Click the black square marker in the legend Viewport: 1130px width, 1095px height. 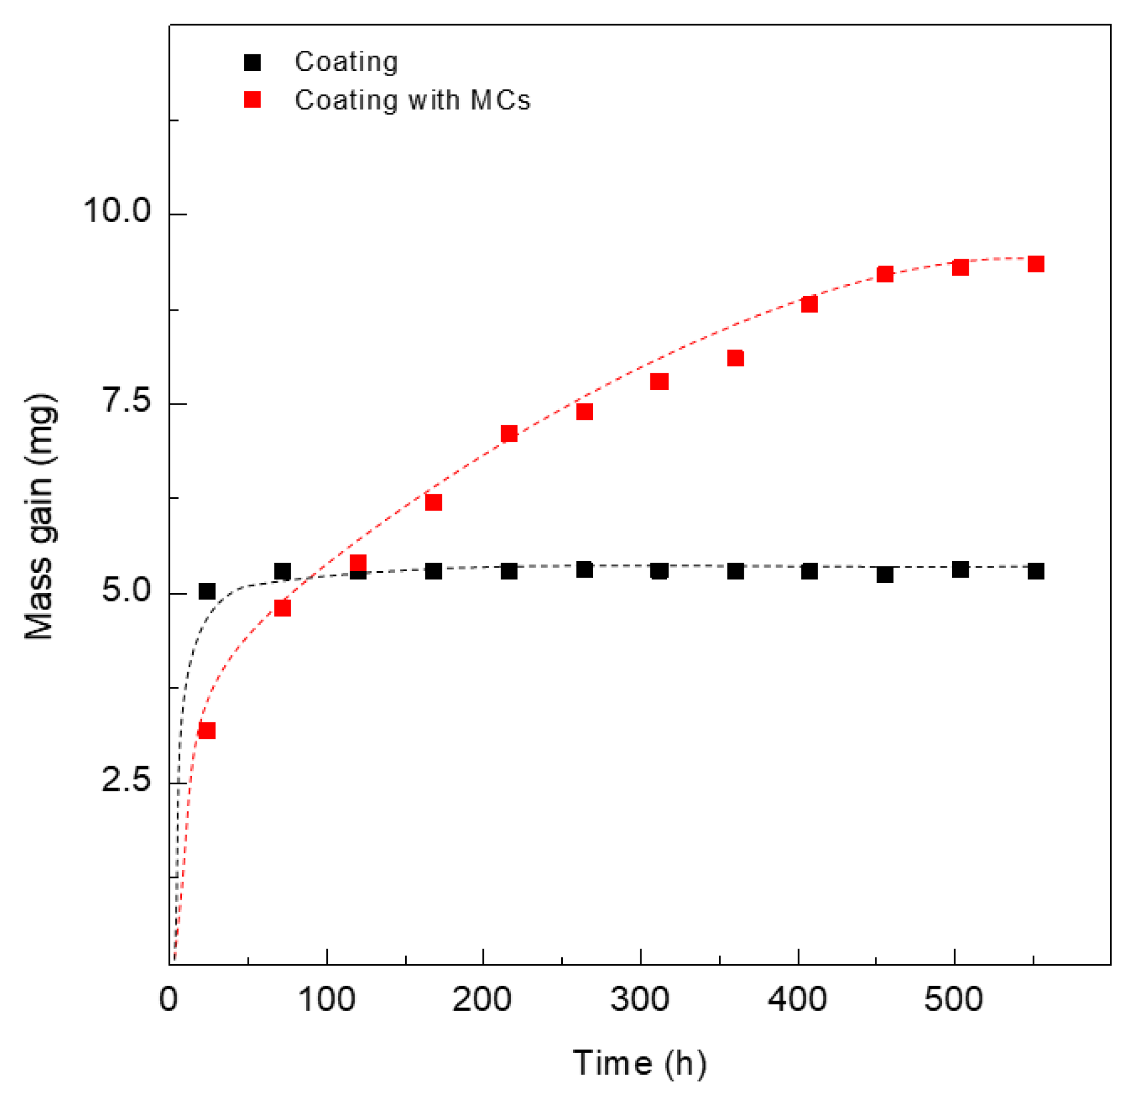click(252, 62)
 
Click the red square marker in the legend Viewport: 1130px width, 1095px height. click(252, 99)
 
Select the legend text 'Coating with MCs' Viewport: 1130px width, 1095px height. click(412, 100)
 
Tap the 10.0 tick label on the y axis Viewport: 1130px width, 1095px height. click(117, 210)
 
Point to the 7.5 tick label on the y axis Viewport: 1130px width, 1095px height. click(126, 400)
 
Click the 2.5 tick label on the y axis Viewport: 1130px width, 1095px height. click(126, 779)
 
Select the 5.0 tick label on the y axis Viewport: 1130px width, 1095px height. click(126, 589)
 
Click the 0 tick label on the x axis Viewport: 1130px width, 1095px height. click(168, 999)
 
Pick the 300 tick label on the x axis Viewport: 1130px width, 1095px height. click(640, 999)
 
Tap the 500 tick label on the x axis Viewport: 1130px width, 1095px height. click(953, 999)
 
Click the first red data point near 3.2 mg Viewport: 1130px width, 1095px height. click(207, 731)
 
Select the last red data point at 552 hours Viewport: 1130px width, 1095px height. click(1035, 264)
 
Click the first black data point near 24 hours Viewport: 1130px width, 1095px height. click(207, 591)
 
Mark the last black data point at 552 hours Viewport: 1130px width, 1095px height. click(1035, 571)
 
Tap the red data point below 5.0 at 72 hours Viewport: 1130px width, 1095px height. click(282, 608)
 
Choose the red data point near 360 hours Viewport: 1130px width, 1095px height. click(735, 358)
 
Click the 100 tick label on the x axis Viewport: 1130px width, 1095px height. click(326, 999)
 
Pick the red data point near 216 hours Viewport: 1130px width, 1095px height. click(509, 434)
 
